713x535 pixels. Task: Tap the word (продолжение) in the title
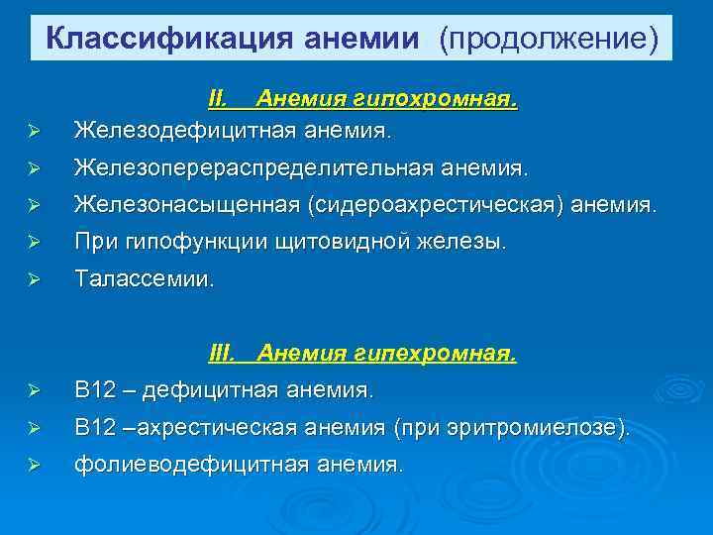click(x=550, y=39)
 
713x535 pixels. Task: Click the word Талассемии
click(x=144, y=280)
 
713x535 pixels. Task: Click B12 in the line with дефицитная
click(x=95, y=389)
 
